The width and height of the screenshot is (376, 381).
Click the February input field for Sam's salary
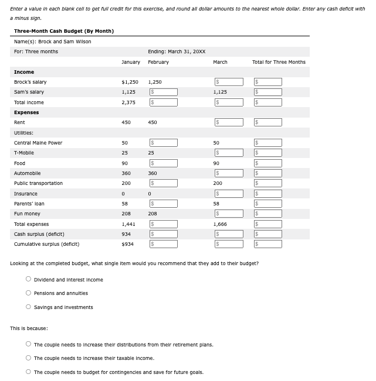click(x=164, y=92)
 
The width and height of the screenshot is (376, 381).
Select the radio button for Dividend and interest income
click(x=28, y=280)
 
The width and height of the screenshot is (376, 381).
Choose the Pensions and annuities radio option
click(x=28, y=293)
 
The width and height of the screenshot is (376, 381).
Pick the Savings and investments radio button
click(x=28, y=307)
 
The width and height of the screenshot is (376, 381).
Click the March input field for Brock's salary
click(x=229, y=82)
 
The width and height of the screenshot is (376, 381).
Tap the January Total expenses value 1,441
click(x=128, y=224)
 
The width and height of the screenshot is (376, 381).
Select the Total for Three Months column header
click(x=279, y=62)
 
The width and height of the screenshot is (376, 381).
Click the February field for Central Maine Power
click(x=164, y=143)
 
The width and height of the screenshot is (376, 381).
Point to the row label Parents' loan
click(x=29, y=204)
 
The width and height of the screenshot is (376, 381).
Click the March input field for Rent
click(x=229, y=122)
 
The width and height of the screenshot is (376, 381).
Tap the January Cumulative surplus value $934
click(x=128, y=244)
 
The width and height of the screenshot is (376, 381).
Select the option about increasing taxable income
click(x=28, y=358)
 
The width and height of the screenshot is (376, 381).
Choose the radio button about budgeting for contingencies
click(x=28, y=372)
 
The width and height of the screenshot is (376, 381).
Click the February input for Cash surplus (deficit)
click(x=164, y=234)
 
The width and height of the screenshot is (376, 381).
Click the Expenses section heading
click(x=26, y=112)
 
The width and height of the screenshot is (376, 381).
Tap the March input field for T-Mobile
click(x=229, y=153)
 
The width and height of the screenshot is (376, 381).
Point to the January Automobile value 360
click(x=126, y=173)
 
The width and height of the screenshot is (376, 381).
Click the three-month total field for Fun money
click(x=268, y=214)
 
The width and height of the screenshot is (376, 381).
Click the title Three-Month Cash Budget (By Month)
click(x=64, y=31)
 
